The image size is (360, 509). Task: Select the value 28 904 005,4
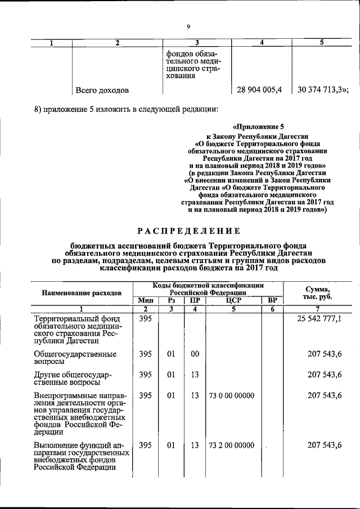click(x=263, y=89)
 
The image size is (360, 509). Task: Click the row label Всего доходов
click(x=102, y=90)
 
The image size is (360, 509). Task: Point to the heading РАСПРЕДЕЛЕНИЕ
click(x=189, y=231)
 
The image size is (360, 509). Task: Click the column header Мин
click(x=146, y=300)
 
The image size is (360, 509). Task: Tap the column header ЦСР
click(x=233, y=300)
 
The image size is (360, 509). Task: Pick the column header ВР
click(x=272, y=300)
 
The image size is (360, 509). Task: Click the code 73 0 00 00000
click(x=231, y=395)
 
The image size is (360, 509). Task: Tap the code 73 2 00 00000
click(x=231, y=445)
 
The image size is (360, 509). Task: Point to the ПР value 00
click(x=195, y=354)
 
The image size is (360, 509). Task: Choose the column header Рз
click(x=171, y=300)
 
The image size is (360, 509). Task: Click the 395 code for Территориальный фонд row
click(x=146, y=319)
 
